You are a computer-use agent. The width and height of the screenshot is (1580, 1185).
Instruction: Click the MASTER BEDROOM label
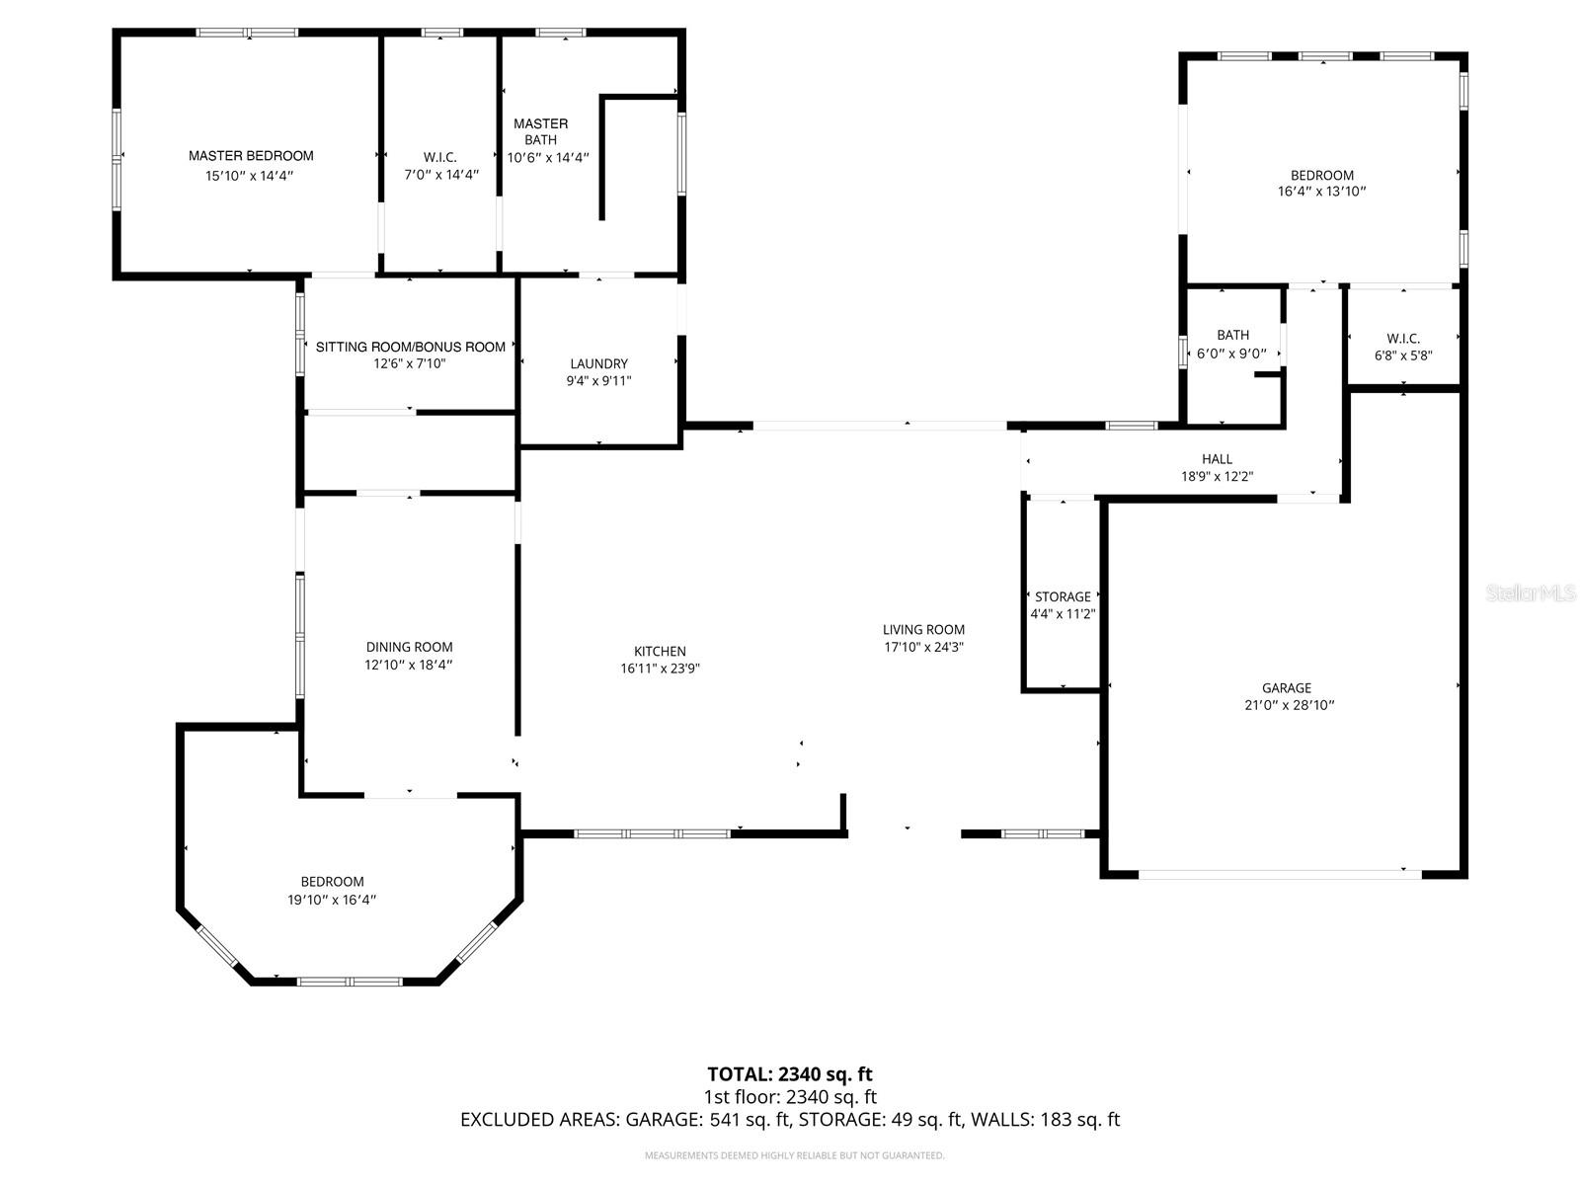coord(251,156)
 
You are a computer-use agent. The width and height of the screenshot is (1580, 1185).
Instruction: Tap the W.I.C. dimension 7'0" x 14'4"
coord(440,175)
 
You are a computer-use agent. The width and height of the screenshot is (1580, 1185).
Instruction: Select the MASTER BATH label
coord(540,131)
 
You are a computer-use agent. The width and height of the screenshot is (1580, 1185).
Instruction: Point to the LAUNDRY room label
coord(598,363)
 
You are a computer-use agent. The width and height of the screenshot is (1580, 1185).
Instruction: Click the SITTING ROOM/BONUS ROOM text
coord(410,347)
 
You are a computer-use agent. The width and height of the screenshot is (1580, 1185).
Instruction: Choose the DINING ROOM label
coord(409,648)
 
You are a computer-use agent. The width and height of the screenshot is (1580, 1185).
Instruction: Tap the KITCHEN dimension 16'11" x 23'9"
coord(660,669)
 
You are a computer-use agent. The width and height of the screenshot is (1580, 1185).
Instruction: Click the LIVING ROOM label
coord(923,629)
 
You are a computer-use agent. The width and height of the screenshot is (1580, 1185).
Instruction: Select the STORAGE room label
coord(1063,596)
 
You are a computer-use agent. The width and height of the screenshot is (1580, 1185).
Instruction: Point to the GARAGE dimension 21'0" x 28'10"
coord(1286,705)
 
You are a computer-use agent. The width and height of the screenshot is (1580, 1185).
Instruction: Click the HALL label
coord(1217,459)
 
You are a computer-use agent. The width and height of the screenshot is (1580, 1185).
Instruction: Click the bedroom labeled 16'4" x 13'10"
coord(1321,184)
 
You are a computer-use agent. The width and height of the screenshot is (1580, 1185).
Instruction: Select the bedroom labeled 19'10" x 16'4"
coord(332,891)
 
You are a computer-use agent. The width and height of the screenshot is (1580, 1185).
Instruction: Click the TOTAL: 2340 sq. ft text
coord(790,1074)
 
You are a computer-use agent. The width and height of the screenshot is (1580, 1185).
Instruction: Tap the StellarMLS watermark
coord(1530,593)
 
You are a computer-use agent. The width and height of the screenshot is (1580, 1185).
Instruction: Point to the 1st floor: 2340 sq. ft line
coord(790,1097)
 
